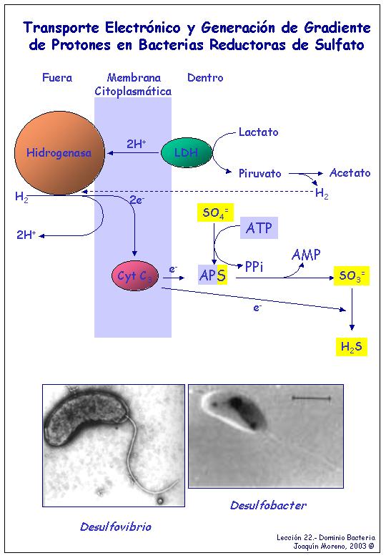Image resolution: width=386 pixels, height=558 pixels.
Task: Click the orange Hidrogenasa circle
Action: click(60, 153)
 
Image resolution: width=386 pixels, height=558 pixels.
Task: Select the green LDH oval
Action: click(187, 152)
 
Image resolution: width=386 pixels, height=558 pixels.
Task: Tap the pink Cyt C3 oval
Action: click(134, 276)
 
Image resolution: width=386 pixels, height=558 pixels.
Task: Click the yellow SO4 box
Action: click(215, 212)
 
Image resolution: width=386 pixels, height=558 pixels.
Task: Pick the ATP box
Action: click(259, 227)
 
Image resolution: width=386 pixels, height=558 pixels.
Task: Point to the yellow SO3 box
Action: click(352, 275)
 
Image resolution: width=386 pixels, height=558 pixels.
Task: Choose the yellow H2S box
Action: click(352, 346)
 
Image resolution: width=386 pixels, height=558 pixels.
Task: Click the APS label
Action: click(212, 275)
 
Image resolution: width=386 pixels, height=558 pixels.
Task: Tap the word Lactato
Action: click(258, 132)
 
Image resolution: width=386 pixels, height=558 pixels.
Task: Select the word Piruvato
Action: click(259, 173)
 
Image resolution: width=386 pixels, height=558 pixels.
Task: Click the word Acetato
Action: click(350, 172)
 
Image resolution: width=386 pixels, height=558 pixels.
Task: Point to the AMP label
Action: click(306, 255)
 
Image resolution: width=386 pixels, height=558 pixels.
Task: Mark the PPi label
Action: click(254, 267)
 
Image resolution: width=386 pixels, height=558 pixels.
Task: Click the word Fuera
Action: click(57, 77)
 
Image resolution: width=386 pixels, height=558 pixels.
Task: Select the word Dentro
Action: click(205, 77)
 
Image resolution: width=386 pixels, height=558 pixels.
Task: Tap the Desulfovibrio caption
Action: click(116, 527)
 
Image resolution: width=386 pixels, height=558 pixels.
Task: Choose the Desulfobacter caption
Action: click(268, 505)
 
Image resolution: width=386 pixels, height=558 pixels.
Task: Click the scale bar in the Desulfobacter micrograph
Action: click(312, 398)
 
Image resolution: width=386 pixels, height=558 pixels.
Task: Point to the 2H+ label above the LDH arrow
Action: click(137, 144)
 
